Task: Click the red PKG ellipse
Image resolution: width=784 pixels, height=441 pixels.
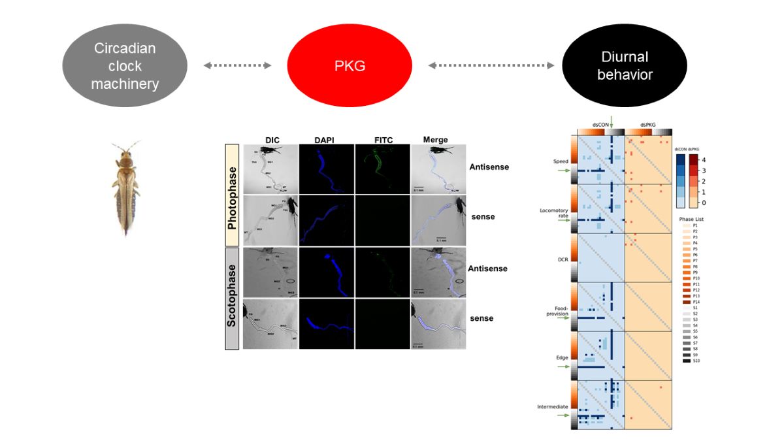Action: click(350, 65)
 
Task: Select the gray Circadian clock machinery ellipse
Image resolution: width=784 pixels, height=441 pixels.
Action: click(125, 66)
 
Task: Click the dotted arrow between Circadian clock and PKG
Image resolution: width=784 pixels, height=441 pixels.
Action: click(237, 65)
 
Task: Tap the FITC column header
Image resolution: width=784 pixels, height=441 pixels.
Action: click(383, 140)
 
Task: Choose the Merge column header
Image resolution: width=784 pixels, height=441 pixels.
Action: click(436, 140)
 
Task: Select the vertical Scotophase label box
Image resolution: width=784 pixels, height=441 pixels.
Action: click(232, 297)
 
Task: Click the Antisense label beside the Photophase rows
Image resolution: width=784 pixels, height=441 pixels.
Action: click(489, 167)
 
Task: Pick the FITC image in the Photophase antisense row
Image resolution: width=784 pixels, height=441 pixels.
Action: click(382, 169)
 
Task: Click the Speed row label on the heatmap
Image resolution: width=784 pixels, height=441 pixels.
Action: click(561, 161)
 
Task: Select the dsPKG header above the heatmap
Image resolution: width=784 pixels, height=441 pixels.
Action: click(647, 124)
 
